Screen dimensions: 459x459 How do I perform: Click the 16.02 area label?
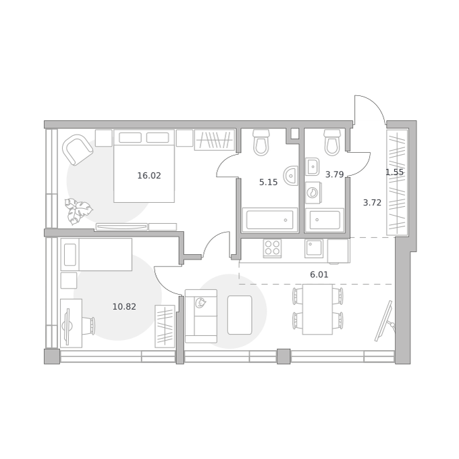[149, 176]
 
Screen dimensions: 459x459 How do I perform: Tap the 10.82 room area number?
[124, 307]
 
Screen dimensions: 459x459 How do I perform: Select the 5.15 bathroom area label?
[268, 183]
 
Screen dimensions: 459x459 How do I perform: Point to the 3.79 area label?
[334, 174]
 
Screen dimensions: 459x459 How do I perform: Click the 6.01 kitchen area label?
[319, 274]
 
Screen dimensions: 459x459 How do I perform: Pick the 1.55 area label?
[394, 172]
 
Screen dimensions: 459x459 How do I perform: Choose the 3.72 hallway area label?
[372, 203]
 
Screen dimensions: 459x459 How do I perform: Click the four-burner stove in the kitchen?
[272, 248]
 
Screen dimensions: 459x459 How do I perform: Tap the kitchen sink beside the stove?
[314, 248]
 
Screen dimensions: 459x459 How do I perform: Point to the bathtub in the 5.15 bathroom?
[269, 220]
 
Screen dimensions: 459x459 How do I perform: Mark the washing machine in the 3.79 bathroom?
[313, 193]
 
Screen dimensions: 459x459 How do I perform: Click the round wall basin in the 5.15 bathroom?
[291, 176]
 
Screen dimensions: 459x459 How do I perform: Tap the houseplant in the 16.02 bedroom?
[78, 211]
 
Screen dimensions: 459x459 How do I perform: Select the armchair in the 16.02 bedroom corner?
[78, 149]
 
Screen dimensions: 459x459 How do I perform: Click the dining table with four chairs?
[318, 309]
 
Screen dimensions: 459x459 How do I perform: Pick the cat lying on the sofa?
[200, 303]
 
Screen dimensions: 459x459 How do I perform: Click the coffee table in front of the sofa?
[240, 315]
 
